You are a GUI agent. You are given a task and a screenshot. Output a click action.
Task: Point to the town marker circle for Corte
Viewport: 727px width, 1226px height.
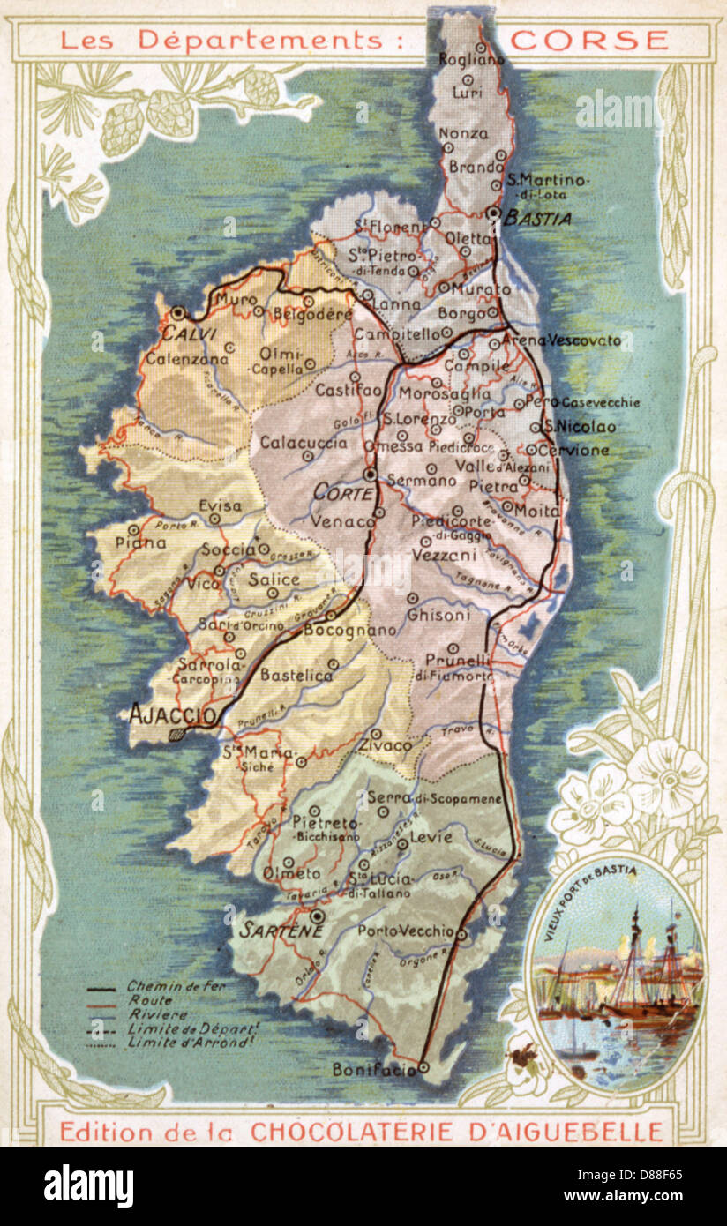click(370, 475)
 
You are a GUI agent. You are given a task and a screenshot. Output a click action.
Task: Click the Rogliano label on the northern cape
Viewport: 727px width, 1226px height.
click(472, 59)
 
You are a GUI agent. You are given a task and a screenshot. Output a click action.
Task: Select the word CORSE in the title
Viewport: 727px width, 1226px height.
click(589, 40)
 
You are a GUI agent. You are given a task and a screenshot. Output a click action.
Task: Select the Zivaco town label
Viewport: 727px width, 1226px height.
click(385, 746)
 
